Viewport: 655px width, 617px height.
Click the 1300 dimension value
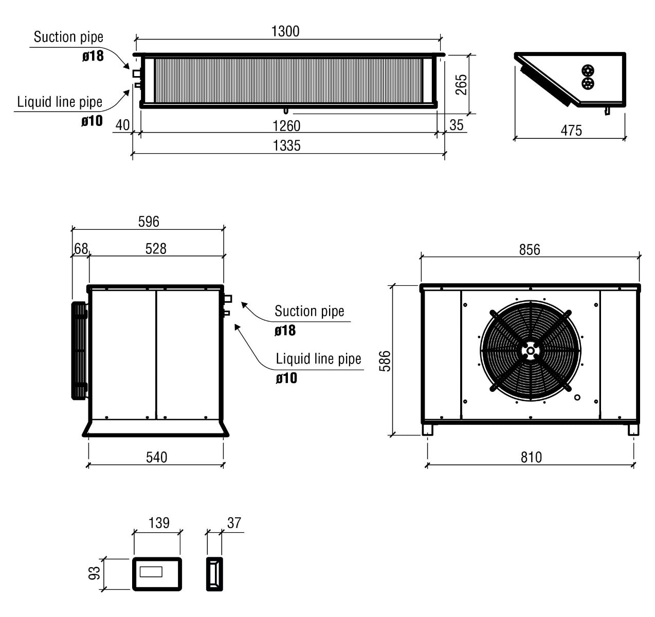[x=285, y=31]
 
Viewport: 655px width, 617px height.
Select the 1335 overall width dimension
[x=286, y=146]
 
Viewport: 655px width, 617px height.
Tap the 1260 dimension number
[x=286, y=125]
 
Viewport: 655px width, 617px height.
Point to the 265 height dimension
[x=461, y=84]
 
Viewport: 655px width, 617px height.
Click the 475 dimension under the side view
[x=571, y=130]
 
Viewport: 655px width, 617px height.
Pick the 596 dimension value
[x=149, y=222]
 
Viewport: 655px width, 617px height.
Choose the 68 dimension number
[x=81, y=248]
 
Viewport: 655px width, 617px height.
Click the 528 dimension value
[x=156, y=249]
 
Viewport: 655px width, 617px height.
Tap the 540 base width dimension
[x=156, y=457]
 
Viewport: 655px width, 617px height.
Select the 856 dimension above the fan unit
[x=530, y=249]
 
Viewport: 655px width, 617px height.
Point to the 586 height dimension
[x=385, y=361]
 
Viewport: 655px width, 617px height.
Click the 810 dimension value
[x=531, y=457]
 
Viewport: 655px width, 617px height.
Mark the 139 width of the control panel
[x=159, y=522]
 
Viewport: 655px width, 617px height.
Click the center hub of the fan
[x=530, y=351]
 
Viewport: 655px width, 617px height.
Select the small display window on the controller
[x=151, y=572]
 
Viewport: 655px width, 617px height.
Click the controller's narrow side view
[x=214, y=574]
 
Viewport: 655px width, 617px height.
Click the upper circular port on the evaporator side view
[x=588, y=70]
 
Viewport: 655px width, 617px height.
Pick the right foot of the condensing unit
[x=633, y=430]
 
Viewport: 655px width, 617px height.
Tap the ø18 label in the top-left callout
[x=93, y=56]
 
